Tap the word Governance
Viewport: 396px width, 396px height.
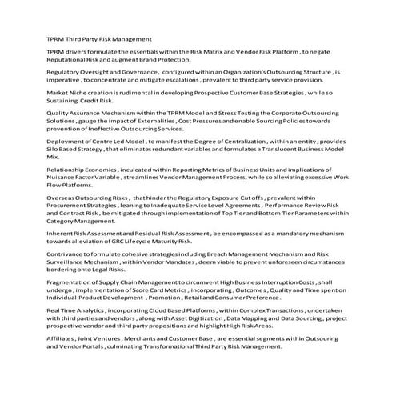122,72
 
